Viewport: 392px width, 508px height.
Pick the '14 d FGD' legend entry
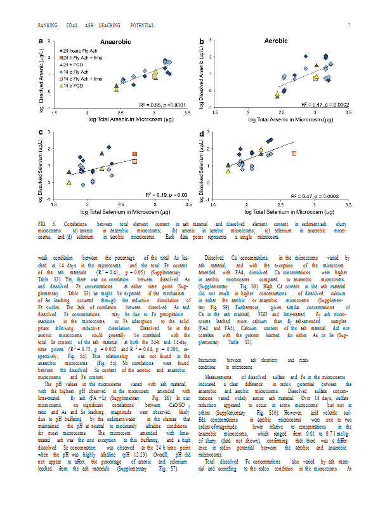point(74,85)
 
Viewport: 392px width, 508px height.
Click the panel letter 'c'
point(41,133)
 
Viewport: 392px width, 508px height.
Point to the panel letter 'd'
point(202,133)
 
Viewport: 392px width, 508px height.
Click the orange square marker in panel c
point(135,154)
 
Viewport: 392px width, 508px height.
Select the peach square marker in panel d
point(294,154)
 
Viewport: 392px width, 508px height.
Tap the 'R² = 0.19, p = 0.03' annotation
point(167,194)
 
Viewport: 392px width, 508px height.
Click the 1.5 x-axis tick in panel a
point(55,112)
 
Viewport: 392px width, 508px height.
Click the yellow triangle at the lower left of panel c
point(69,183)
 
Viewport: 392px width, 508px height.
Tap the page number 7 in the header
point(349,25)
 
